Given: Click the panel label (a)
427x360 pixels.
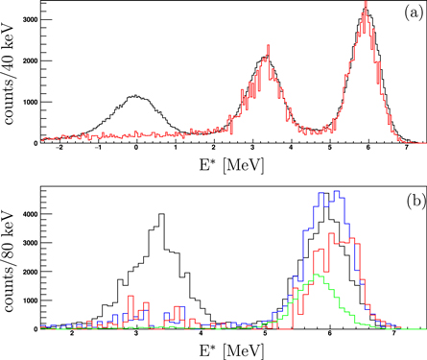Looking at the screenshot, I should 408,13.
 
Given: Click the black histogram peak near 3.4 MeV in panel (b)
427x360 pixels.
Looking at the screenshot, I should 161,214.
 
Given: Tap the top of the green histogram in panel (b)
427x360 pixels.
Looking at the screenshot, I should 318,275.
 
